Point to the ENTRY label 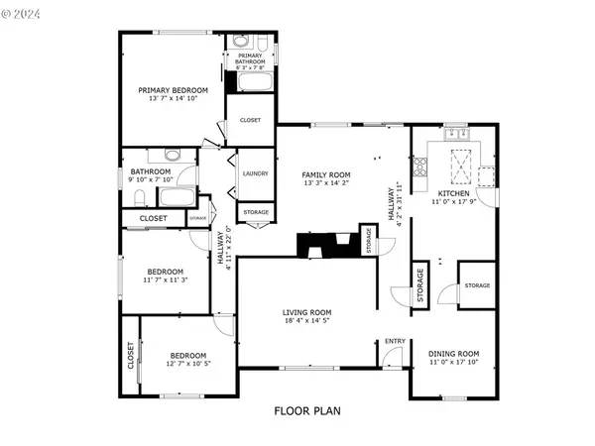(x=395, y=342)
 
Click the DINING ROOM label (x=453, y=354)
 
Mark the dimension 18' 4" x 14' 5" (x=307, y=320)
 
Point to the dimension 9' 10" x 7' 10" (x=152, y=180)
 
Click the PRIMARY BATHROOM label (x=250, y=58)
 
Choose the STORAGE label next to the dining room (x=477, y=285)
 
